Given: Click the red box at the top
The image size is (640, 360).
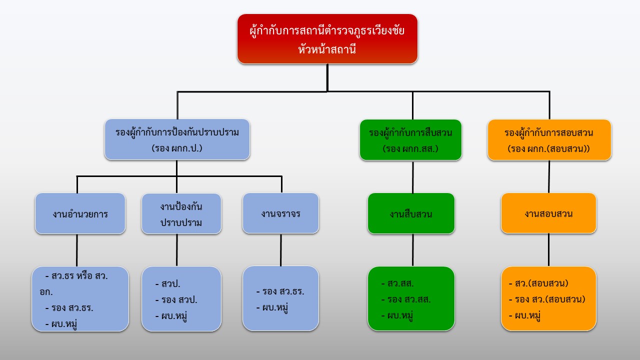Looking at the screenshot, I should (327, 39).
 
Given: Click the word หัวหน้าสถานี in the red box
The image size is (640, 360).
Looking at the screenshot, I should (327, 49).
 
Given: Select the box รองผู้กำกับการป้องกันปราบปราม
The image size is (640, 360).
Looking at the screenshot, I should (177, 139).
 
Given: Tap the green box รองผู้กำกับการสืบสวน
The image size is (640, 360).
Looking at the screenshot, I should (410, 139).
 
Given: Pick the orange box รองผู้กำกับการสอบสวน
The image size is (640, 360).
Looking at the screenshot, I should (549, 139).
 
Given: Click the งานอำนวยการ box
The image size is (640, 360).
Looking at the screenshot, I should (80, 213).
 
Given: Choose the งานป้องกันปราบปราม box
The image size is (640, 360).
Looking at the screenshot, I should (181, 213).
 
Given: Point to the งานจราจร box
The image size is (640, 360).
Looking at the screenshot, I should (280, 213).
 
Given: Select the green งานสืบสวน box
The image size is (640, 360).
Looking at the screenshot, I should (411, 213).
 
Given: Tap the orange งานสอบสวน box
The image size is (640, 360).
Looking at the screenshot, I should (548, 213).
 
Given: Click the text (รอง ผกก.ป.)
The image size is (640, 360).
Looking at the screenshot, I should (177, 148).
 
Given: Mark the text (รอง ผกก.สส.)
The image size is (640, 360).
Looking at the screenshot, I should (410, 148).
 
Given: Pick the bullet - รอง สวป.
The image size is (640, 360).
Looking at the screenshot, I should (176, 299).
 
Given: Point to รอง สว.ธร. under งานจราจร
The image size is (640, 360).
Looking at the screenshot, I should (280, 291).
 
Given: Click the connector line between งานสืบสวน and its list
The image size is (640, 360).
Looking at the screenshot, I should (412, 250).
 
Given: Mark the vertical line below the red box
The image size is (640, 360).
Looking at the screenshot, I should (327, 77).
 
